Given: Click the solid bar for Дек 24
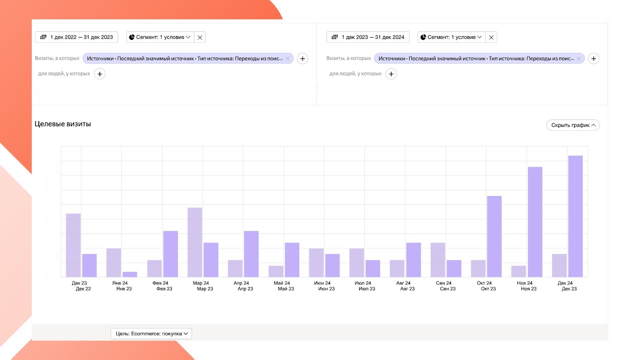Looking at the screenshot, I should pyautogui.click(x=575, y=216).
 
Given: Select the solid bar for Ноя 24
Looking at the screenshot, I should pyautogui.click(x=535, y=222).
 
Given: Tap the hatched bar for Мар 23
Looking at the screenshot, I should pyautogui.click(x=195, y=242).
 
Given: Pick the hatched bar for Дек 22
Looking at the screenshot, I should pyautogui.click(x=73, y=245).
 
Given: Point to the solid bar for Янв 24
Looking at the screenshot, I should pyautogui.click(x=130, y=274).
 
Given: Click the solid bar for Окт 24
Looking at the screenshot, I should pyautogui.click(x=494, y=236).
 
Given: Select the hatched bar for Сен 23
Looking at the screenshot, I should pyautogui.click(x=438, y=260).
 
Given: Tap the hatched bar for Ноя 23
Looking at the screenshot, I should pyautogui.click(x=518, y=271).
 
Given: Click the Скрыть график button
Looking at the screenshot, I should pyautogui.click(x=573, y=125).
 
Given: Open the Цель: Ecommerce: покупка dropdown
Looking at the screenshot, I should pyautogui.click(x=151, y=334).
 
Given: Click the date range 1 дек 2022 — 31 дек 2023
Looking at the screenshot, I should pyautogui.click(x=76, y=37).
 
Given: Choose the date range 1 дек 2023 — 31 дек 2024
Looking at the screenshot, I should pyautogui.click(x=368, y=37).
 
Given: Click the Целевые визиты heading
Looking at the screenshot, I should pyautogui.click(x=63, y=124).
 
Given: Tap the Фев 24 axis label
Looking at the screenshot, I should pyautogui.click(x=160, y=283).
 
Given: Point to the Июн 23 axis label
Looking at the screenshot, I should pyautogui.click(x=326, y=289).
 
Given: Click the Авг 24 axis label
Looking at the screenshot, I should pyautogui.click(x=403, y=283).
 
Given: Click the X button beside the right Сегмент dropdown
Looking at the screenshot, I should pyautogui.click(x=491, y=37).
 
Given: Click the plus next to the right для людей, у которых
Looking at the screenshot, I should pyautogui.click(x=391, y=74).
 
